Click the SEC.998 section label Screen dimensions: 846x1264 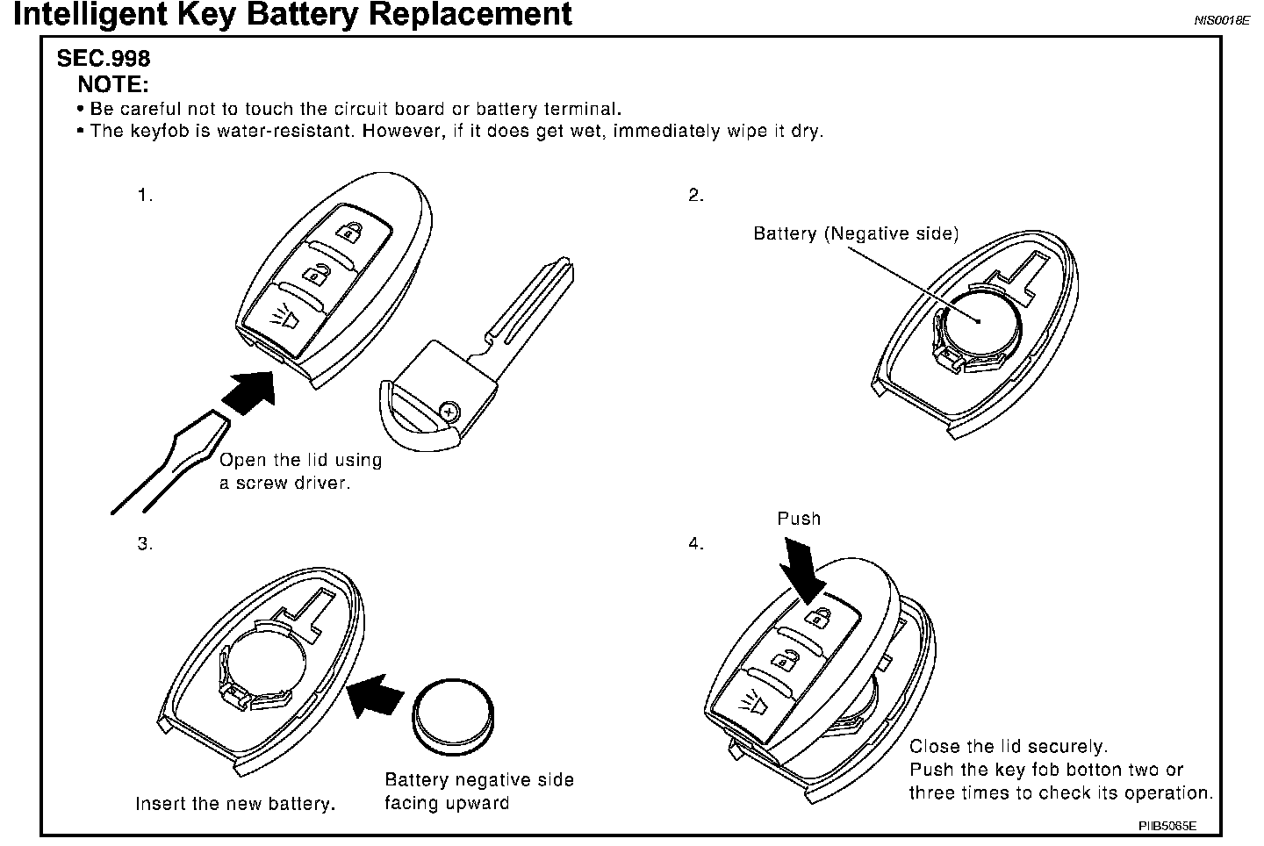click(x=104, y=59)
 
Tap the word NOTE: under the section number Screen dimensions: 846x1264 click(x=113, y=85)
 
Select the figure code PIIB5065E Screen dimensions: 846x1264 click(x=1167, y=826)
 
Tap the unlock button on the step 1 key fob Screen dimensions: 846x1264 click(x=315, y=273)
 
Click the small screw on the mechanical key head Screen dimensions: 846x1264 click(x=449, y=409)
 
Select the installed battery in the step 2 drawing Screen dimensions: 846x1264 click(x=979, y=323)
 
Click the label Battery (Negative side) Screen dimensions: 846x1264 click(x=856, y=233)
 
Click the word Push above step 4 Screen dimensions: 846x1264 click(x=799, y=519)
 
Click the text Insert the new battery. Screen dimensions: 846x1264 click(x=235, y=804)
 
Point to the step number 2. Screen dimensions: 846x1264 click(x=696, y=195)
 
